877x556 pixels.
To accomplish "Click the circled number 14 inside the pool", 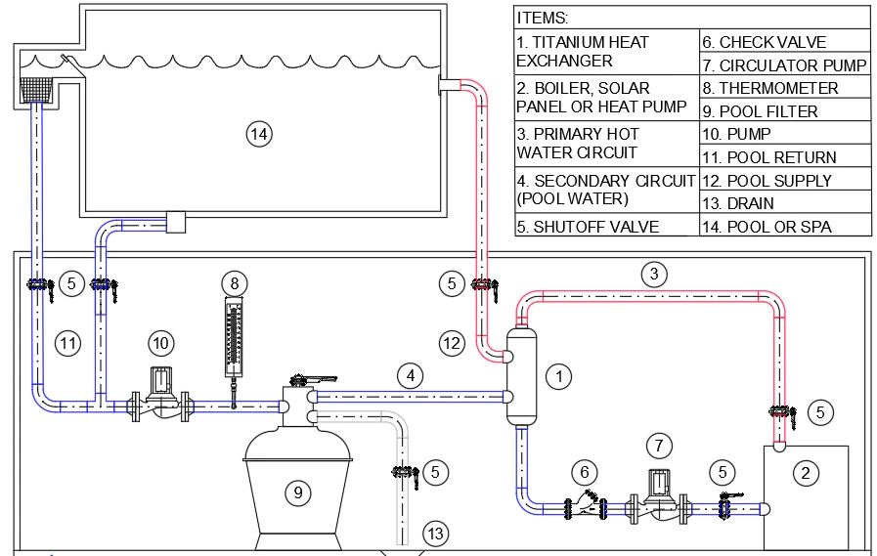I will [258, 135].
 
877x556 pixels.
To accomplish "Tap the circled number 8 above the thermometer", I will [234, 283].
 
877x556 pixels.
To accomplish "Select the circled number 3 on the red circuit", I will [654, 275].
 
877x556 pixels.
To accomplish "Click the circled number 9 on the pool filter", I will [298, 492].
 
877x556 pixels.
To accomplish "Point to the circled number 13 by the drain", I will [435, 534].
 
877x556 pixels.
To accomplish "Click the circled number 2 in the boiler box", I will [805, 474].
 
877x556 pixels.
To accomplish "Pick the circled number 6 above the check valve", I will [586, 472].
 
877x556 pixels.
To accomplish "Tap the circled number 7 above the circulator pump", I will [661, 446].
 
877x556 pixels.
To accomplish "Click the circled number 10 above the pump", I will [161, 343].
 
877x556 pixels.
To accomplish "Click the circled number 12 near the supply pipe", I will [451, 343].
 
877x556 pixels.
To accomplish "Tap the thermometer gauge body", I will [234, 337].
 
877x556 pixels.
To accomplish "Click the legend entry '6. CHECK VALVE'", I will [764, 42].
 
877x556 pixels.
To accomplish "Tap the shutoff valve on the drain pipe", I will [405, 473].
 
